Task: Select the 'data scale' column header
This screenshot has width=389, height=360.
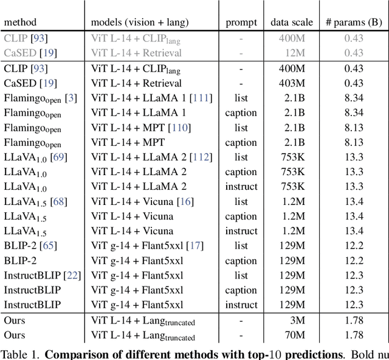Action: (x=292, y=22)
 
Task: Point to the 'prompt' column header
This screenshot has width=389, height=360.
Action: (x=241, y=22)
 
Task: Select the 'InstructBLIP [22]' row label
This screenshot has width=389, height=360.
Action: (x=42, y=275)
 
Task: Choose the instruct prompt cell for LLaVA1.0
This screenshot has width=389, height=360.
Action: (x=241, y=187)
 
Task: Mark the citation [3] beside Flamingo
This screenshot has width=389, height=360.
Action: (x=72, y=98)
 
